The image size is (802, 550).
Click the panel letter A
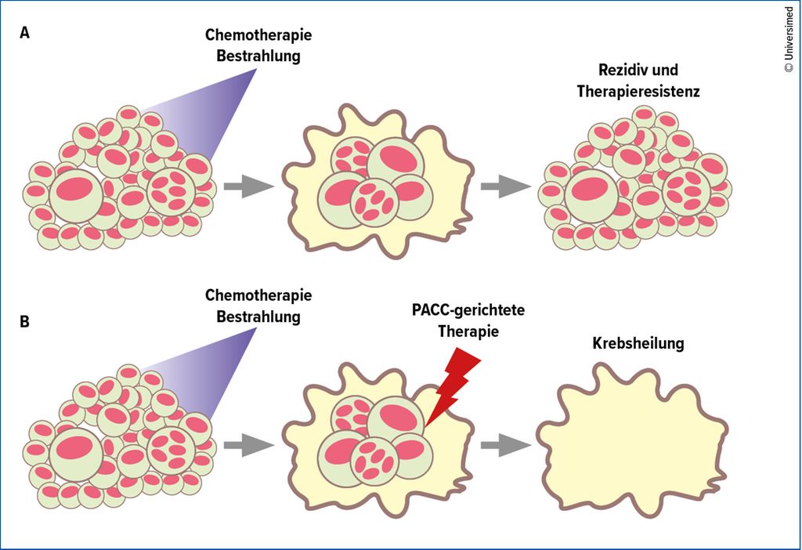tap(24, 33)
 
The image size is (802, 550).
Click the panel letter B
tap(24, 322)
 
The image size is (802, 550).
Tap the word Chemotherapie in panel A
tap(258, 34)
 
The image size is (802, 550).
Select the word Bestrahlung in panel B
tap(258, 317)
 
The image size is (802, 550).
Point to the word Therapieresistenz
tap(638, 91)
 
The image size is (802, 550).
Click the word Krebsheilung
tap(638, 343)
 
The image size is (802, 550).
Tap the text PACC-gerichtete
tap(468, 310)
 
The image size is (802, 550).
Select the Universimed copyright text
tap(789, 40)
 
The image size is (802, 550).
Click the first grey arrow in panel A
tap(249, 186)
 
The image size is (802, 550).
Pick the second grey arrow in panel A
tap(506, 186)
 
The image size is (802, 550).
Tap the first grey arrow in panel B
tap(249, 444)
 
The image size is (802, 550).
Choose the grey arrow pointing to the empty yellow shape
tap(506, 444)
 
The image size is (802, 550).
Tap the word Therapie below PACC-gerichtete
tap(468, 331)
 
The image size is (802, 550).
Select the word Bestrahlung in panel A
tap(258, 56)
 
